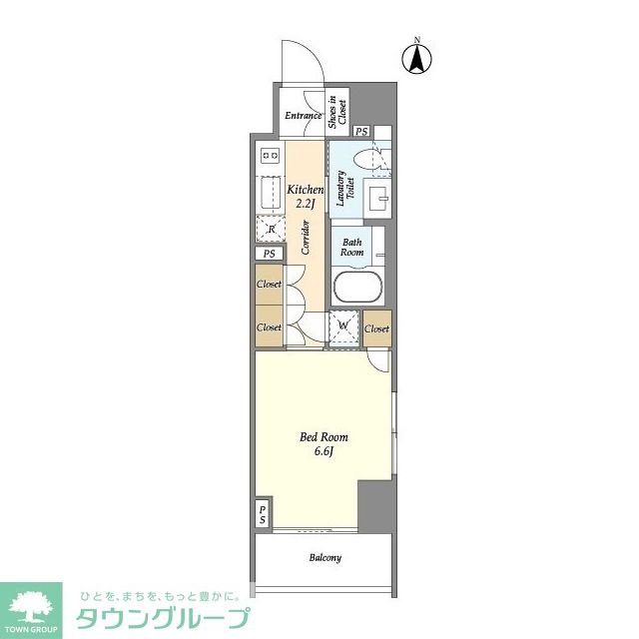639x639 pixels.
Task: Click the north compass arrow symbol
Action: [x=417, y=59]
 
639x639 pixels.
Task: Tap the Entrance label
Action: [x=303, y=116]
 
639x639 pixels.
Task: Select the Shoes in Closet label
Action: [x=337, y=112]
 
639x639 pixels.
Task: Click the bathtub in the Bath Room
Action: [x=357, y=287]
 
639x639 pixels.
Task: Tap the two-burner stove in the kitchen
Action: [x=270, y=156]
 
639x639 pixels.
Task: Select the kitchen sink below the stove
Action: [x=270, y=194]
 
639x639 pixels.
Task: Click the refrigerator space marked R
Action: [x=271, y=229]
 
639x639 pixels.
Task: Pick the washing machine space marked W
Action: [x=343, y=325]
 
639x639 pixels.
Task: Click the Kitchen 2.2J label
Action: [x=306, y=196]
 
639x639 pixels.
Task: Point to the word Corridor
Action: [x=306, y=238]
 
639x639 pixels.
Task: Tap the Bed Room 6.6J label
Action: [x=323, y=443]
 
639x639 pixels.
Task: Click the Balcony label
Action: [x=324, y=557]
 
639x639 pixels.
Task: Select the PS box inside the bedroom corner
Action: [x=263, y=514]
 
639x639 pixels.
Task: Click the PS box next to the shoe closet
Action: [x=361, y=131]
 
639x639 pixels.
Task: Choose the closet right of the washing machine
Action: [x=377, y=328]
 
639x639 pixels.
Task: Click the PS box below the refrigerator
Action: [x=269, y=254]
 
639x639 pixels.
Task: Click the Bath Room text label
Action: [x=351, y=247]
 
